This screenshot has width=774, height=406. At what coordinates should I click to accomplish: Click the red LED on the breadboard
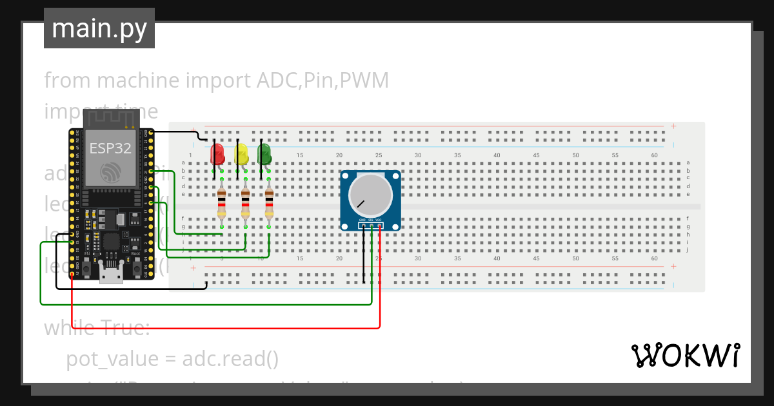pos(217,153)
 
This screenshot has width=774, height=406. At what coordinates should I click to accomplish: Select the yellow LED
pos(241,153)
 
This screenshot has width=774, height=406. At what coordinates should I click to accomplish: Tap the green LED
pos(264,153)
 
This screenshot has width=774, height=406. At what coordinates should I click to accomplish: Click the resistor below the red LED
pos(222,203)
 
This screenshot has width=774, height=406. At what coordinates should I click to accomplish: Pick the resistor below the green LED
pos(269,203)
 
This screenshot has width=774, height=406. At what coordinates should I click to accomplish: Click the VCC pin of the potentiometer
pos(379,225)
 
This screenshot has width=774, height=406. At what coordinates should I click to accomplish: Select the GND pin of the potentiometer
pos(363,225)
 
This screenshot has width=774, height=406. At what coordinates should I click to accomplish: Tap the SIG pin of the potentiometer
pos(372,225)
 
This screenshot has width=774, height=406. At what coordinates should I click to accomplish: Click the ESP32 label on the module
pos(110,148)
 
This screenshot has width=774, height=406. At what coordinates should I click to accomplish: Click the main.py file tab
pos(99,28)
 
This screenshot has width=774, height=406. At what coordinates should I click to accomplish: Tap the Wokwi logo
pos(685,355)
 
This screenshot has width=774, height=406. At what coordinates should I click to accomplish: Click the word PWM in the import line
pos(364,81)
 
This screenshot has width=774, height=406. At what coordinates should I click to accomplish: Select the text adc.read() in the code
pos(230,358)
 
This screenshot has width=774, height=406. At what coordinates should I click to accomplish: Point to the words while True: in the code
pos(97,327)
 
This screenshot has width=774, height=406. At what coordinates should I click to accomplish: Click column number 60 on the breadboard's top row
pos(655,155)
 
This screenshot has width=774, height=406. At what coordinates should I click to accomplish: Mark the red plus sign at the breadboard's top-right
pos(673,126)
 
